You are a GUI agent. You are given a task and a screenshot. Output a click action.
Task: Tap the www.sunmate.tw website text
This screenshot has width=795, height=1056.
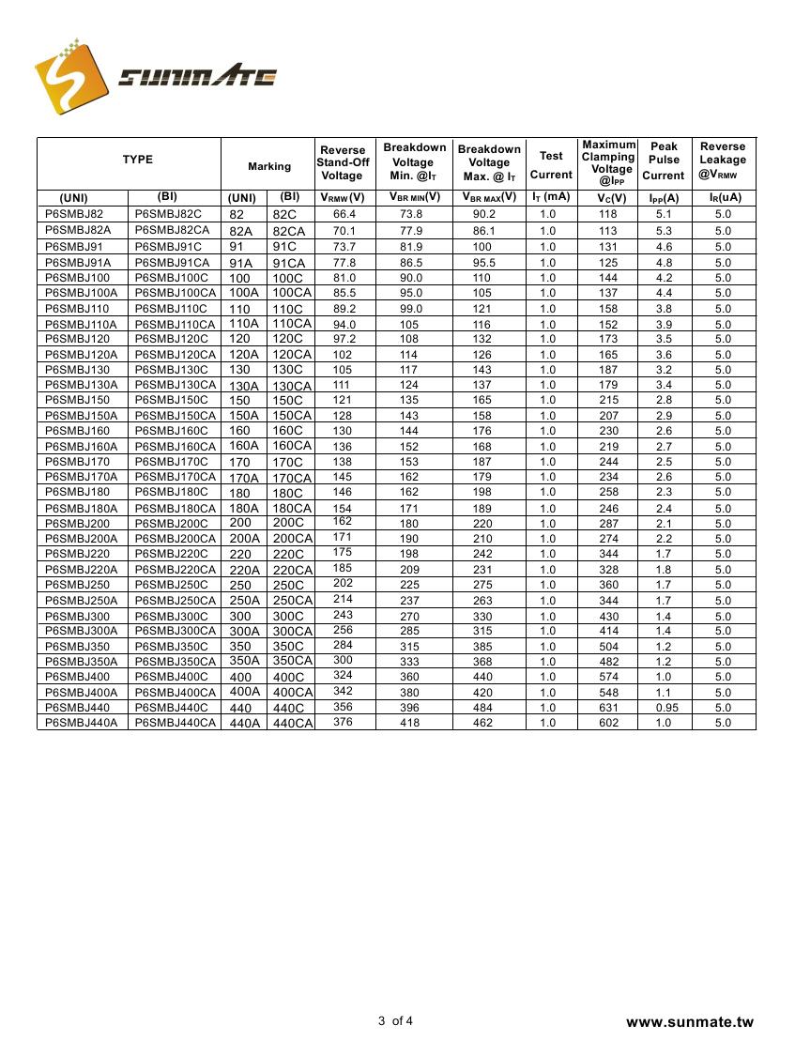(689, 1022)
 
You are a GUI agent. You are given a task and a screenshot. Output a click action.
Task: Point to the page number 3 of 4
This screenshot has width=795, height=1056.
(395, 1021)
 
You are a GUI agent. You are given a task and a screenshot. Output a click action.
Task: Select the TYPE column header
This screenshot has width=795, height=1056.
(137, 161)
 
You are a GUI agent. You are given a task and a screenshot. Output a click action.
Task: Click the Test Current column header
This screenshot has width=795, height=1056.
(550, 165)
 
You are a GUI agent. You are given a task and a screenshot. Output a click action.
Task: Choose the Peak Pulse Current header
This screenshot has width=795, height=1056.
(664, 161)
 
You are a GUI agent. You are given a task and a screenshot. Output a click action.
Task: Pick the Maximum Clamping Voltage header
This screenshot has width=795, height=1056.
(608, 162)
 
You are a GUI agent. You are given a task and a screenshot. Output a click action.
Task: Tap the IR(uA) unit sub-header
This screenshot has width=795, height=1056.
(724, 198)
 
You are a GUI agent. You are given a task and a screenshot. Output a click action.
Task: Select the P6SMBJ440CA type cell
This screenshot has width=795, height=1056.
(176, 723)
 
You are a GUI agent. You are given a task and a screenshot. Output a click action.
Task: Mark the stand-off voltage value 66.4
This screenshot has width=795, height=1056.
(344, 215)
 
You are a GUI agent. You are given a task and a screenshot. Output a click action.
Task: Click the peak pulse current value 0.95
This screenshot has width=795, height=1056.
(664, 708)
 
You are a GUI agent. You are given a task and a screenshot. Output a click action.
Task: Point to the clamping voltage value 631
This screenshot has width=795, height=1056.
(609, 708)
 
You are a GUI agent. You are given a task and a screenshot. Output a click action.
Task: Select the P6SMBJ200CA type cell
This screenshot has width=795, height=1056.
(176, 539)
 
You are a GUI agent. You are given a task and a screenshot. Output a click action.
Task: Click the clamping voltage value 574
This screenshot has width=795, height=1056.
(609, 677)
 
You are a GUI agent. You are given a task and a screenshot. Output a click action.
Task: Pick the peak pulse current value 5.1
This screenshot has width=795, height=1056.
(664, 215)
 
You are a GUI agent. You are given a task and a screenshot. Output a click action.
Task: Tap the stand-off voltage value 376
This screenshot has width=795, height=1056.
(343, 722)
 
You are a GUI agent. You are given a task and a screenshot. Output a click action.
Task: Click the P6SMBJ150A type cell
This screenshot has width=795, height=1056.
(81, 416)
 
